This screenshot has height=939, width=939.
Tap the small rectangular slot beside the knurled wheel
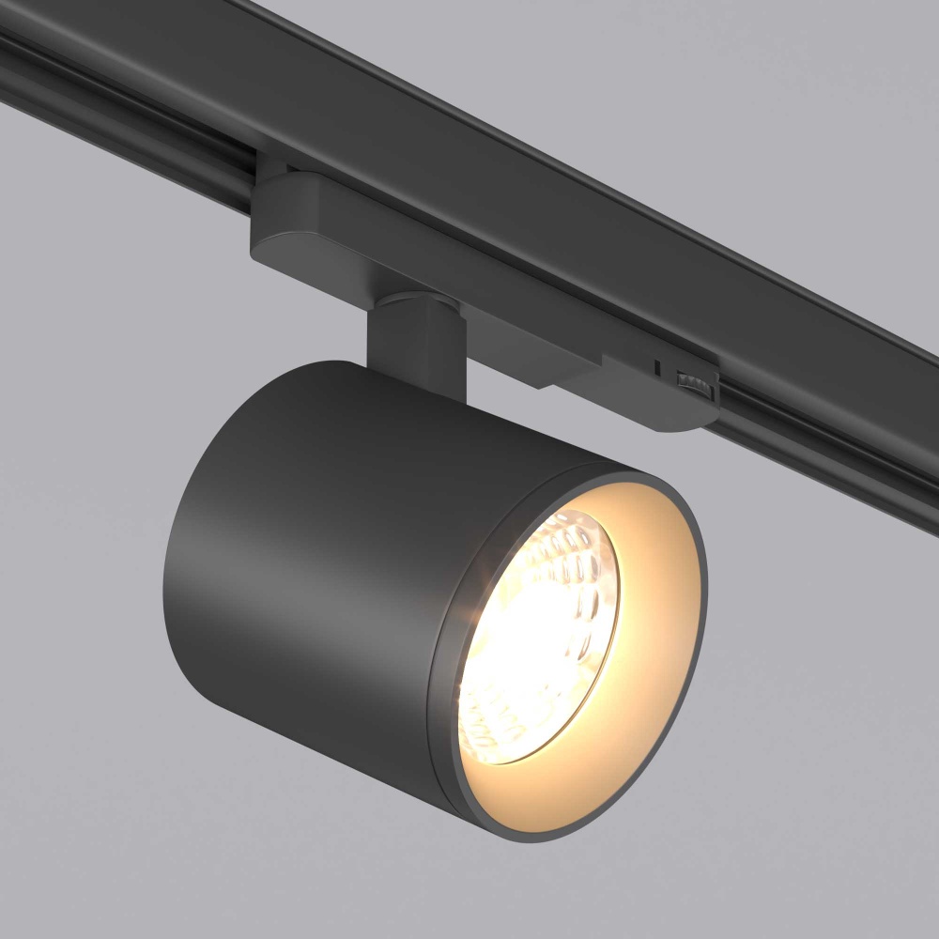[x=657, y=364]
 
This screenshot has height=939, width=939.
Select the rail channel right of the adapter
[x=826, y=441]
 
